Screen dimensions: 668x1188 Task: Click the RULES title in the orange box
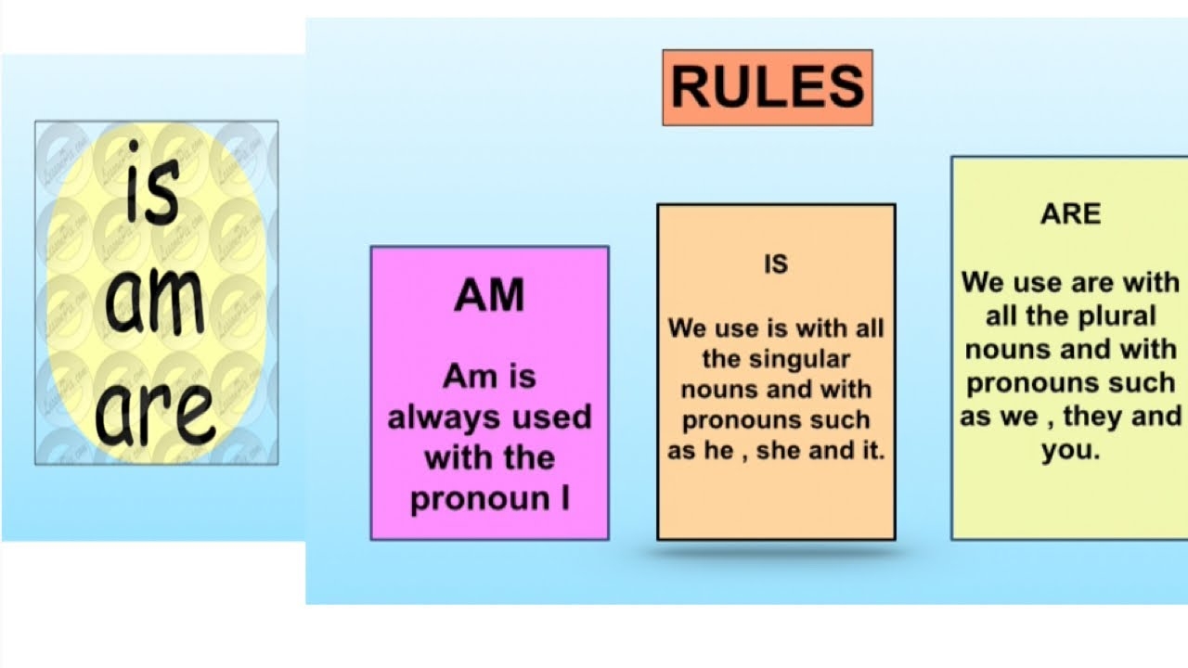767,87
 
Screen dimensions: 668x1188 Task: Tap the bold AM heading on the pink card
489,296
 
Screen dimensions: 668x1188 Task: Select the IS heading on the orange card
775,264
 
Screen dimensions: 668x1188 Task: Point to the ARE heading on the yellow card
1070,214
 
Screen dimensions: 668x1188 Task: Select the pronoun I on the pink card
565,499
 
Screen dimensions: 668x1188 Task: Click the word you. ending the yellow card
1070,452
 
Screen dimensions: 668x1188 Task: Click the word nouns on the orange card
719,390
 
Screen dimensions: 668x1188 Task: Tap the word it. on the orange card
869,453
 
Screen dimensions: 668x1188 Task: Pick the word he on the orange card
721,453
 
